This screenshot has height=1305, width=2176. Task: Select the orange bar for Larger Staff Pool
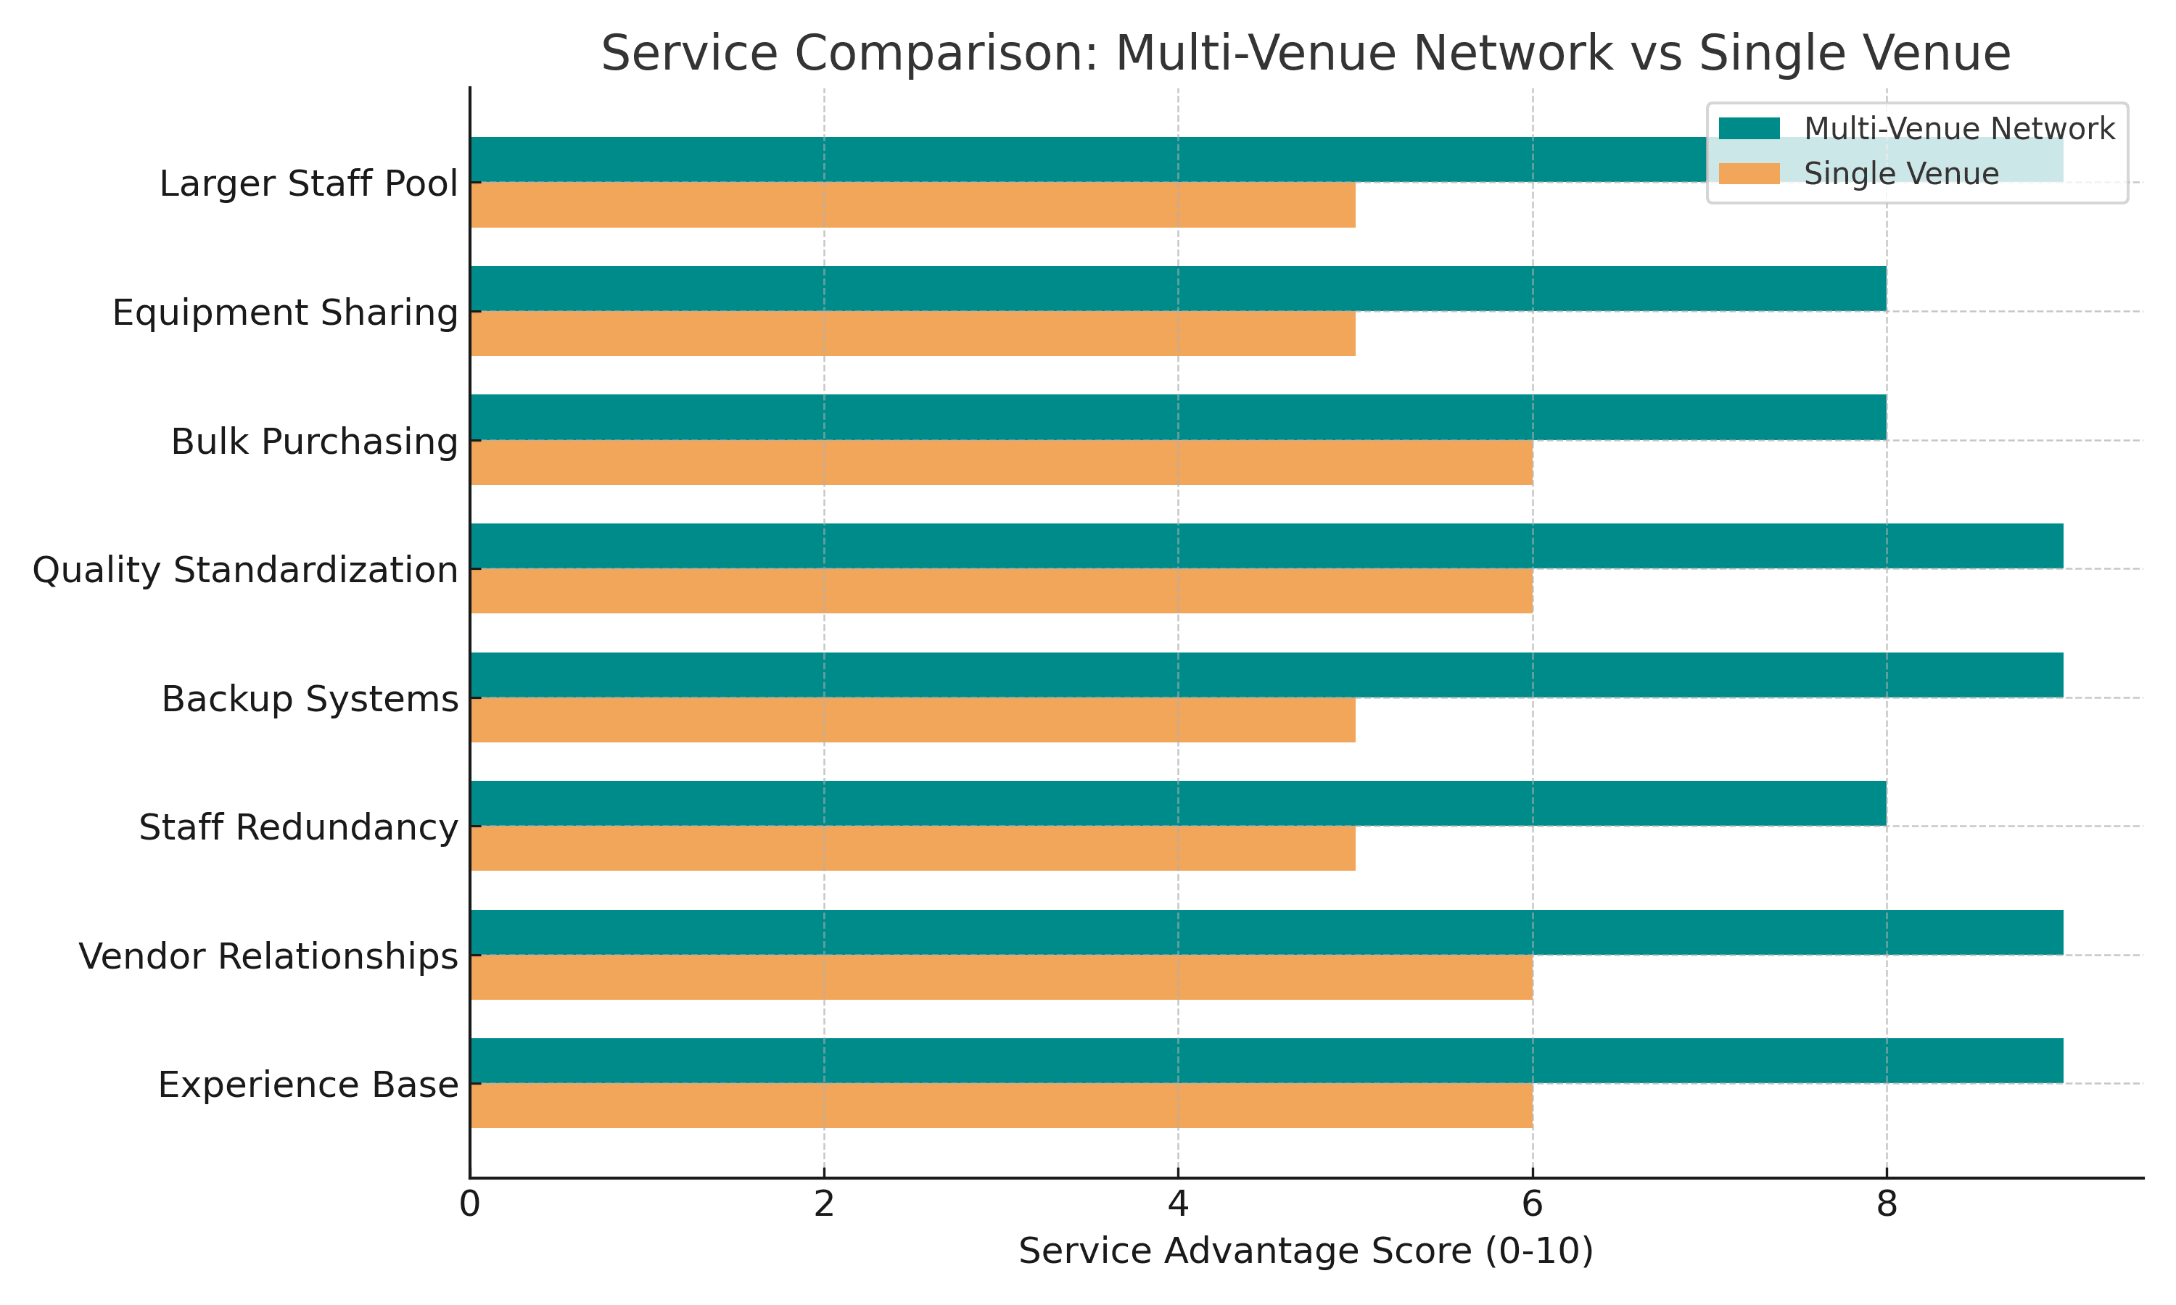coord(912,205)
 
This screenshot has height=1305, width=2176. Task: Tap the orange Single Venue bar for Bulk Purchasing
coord(1001,463)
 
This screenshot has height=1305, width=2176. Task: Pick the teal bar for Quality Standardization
coord(1266,546)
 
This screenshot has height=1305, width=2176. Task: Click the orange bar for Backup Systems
coord(912,720)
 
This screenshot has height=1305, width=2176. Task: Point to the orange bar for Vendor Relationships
coord(1001,977)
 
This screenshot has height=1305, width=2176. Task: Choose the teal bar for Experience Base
coord(1266,1061)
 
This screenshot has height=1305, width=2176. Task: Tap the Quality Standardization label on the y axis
coord(245,570)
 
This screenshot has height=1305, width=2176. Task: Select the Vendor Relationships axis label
coord(268,956)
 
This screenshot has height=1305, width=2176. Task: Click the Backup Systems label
coord(310,699)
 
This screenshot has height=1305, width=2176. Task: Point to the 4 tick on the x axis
coord(1178,1205)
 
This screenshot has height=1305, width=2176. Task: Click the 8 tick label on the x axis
coord(1886,1205)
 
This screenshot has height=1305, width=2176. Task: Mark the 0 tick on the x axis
coord(470,1205)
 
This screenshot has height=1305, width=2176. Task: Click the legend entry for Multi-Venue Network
coord(1958,129)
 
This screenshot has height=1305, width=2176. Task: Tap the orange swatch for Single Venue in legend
coord(1749,173)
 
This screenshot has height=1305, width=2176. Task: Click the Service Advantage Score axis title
coord(1306,1251)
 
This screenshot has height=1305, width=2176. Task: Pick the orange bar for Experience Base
coord(1001,1106)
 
